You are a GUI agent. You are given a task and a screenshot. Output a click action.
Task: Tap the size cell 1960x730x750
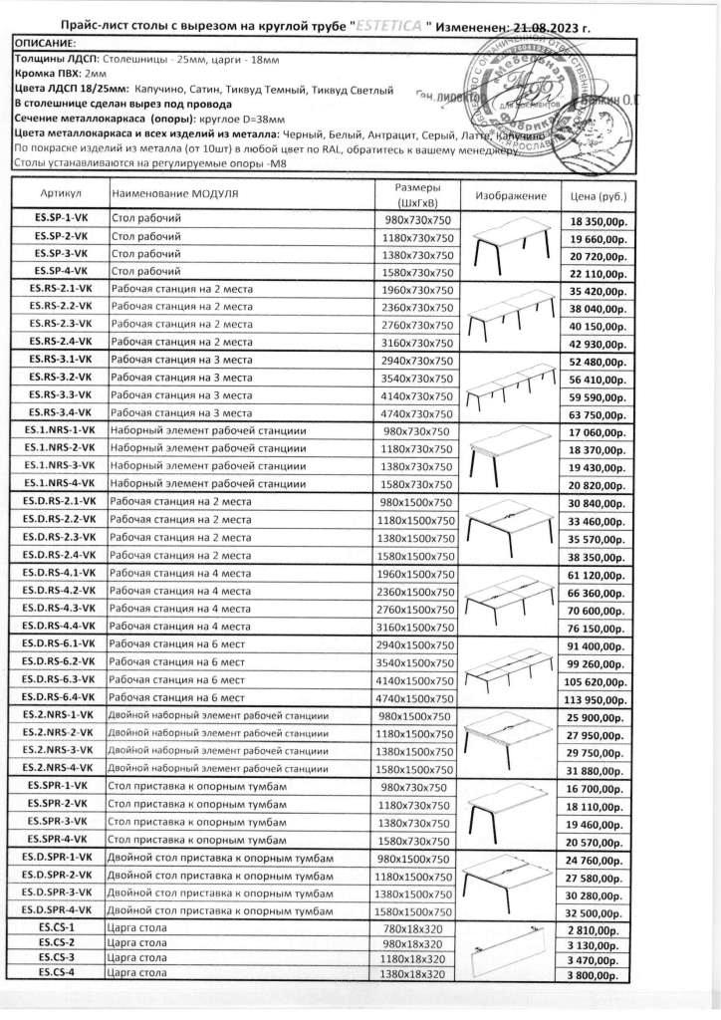(x=417, y=290)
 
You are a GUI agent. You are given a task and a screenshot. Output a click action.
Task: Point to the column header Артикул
(x=59, y=191)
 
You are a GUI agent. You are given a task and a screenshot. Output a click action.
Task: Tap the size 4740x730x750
(x=417, y=412)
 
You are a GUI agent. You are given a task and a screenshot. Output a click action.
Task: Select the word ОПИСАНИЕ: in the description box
(x=46, y=46)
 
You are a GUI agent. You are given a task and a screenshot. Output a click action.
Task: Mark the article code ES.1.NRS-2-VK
(x=60, y=448)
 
